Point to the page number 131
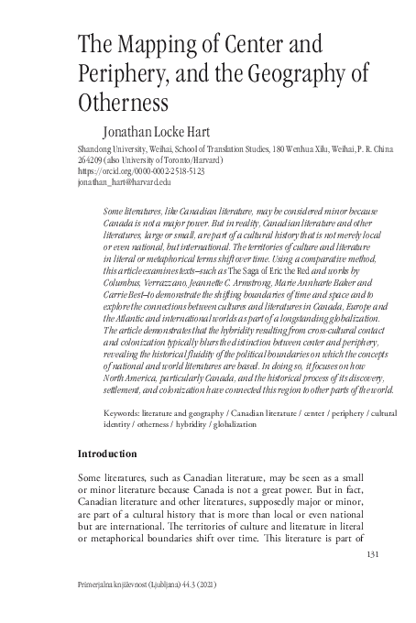372,554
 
